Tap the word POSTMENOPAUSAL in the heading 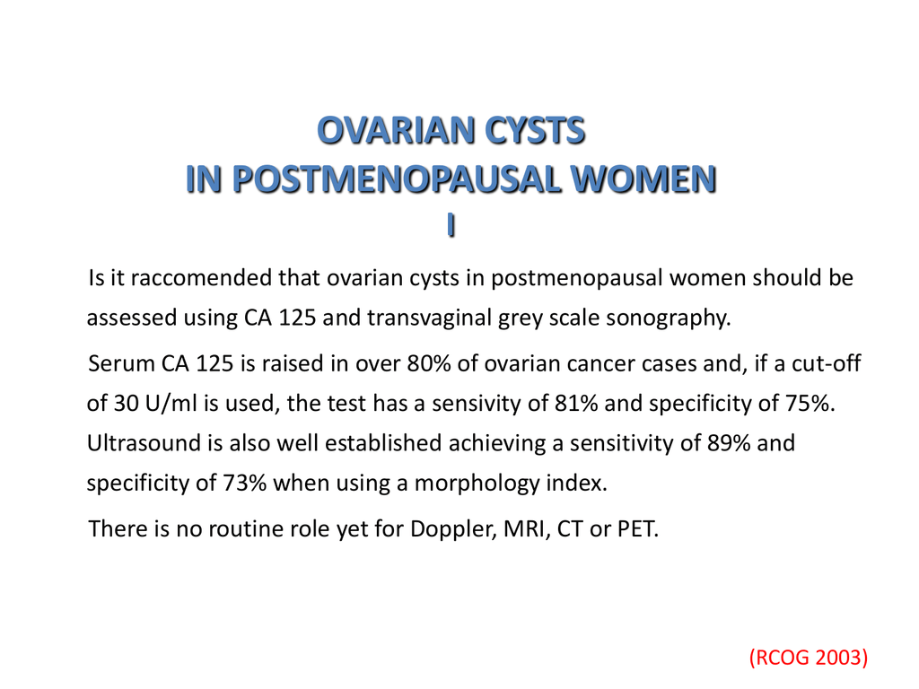point(397,179)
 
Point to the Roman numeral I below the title point(451,224)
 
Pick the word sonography point(668,318)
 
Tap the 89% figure point(729,443)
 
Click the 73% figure point(245,483)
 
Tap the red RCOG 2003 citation point(809,658)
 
